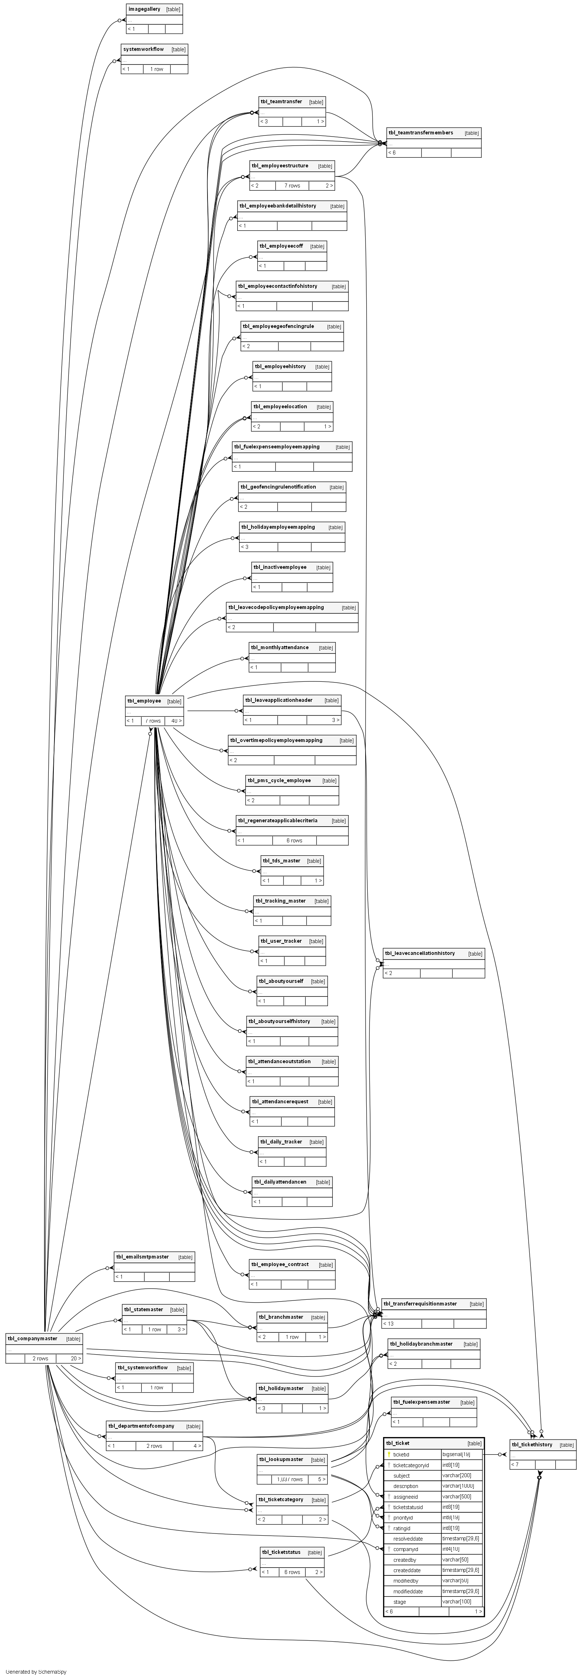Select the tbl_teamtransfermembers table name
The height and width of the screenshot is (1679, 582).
(420, 133)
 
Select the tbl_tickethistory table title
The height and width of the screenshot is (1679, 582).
(532, 1444)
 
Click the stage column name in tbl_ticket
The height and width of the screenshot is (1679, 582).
(400, 1602)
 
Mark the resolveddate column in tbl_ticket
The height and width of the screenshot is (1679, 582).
(408, 1539)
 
